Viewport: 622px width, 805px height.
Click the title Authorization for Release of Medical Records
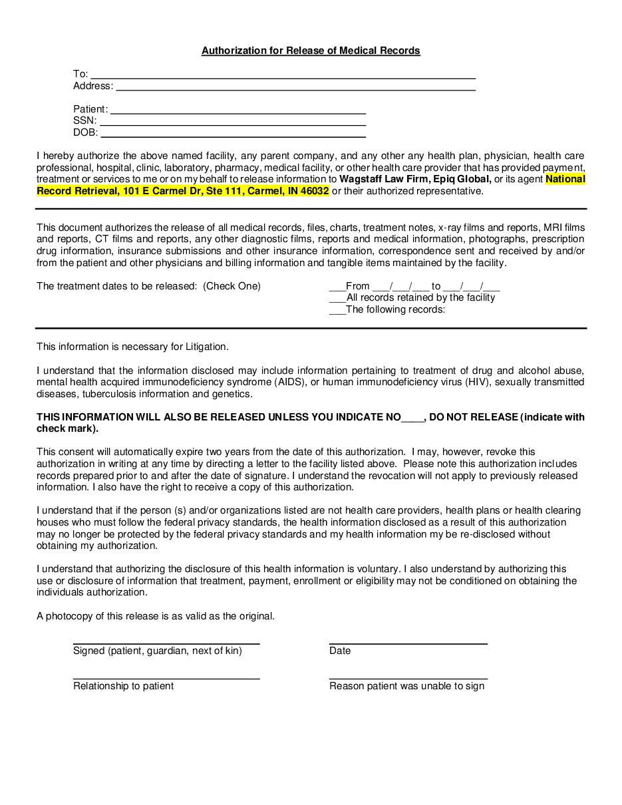pos(311,51)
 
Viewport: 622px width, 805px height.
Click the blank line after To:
pos(283,75)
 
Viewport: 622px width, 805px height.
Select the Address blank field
pos(295,86)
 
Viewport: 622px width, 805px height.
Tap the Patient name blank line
pos(238,110)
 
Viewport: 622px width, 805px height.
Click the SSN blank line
pos(233,122)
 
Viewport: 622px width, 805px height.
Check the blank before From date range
pos(337,287)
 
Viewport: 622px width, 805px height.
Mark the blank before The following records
pos(337,311)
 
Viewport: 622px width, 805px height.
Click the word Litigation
pos(204,347)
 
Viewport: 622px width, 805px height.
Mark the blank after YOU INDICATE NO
pos(413,418)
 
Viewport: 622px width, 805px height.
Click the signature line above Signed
pos(166,642)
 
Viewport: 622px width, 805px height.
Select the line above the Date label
pos(408,642)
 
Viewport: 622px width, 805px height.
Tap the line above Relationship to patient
pos(166,677)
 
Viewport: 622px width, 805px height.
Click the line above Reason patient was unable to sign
pos(408,677)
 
